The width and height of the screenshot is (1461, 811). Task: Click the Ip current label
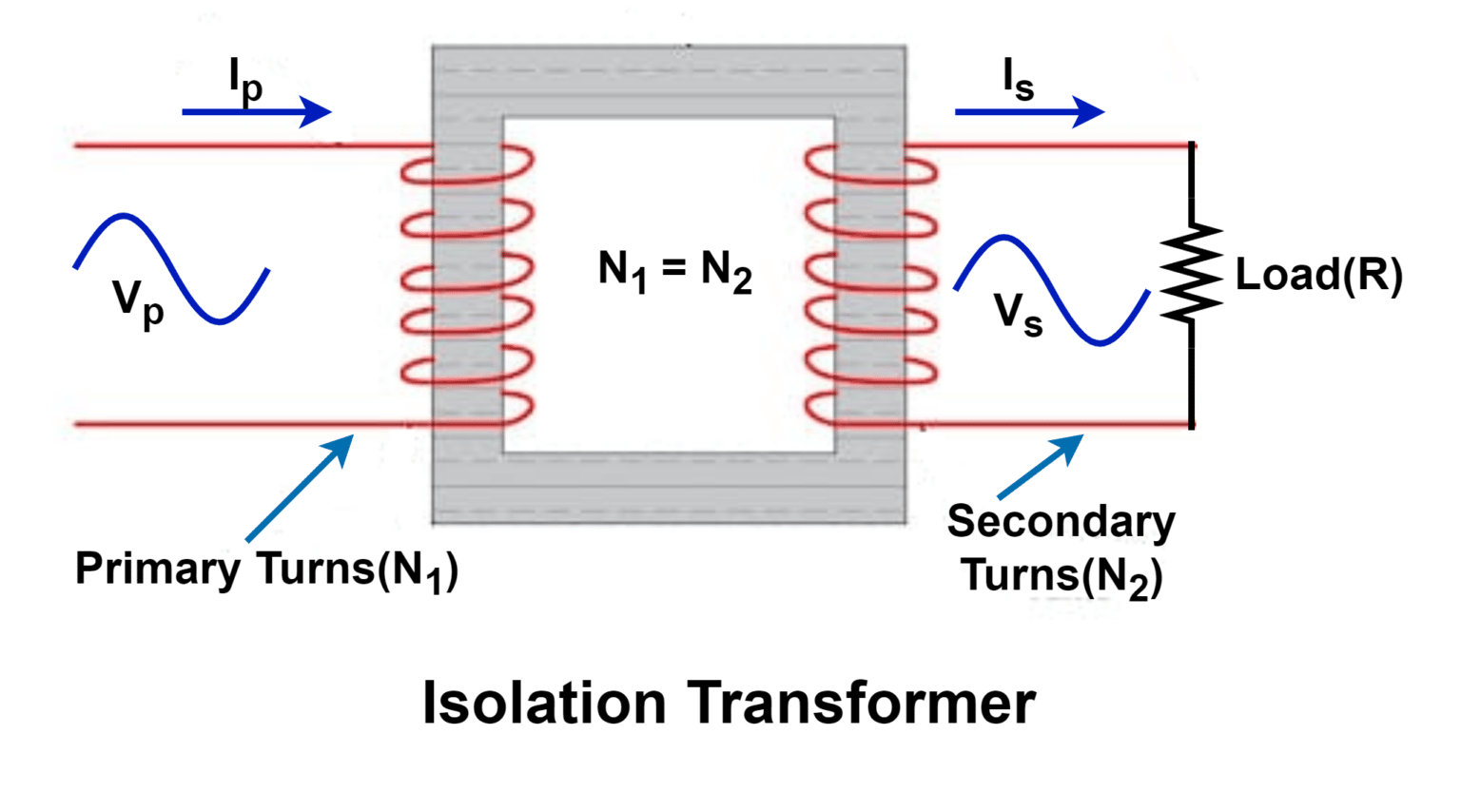[245, 80]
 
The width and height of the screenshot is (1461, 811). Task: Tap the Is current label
[1018, 80]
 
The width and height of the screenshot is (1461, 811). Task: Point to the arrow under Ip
[256, 112]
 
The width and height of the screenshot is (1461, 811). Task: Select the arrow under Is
[1029, 112]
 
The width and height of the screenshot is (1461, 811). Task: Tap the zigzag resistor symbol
[1191, 273]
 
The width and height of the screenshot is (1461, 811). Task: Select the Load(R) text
[1318, 275]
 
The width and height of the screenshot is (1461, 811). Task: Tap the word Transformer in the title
[862, 704]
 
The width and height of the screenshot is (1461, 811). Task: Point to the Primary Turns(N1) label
[266, 570]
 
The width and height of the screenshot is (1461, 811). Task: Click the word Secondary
[1061, 521]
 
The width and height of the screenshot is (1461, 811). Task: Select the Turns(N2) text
[1062, 576]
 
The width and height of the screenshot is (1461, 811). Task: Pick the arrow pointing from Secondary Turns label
[1041, 466]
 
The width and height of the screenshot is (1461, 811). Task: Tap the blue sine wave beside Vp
[171, 268]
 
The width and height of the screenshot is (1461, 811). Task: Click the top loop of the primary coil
[467, 167]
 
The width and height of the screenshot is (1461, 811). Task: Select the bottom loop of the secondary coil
[870, 411]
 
